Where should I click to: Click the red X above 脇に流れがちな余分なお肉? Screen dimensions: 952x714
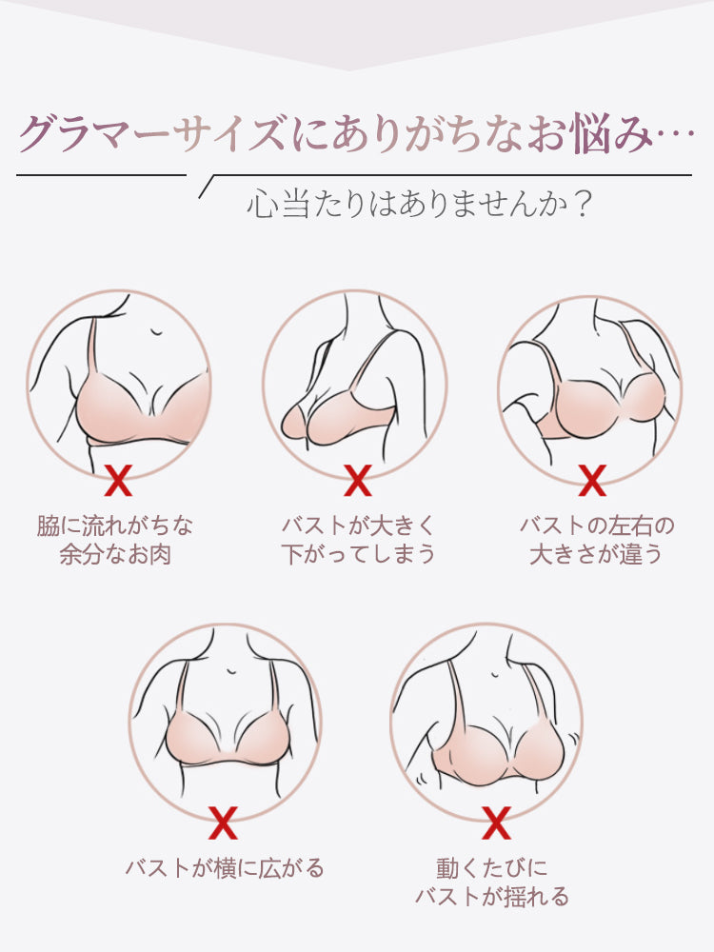[x=118, y=482]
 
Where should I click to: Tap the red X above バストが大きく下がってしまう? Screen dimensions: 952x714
[x=357, y=482]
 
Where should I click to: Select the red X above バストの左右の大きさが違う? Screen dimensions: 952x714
[x=592, y=481]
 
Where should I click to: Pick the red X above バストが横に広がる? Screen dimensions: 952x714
[x=223, y=823]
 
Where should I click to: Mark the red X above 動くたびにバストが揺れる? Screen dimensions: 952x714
[x=496, y=823]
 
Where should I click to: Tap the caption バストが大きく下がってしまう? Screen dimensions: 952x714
[x=358, y=540]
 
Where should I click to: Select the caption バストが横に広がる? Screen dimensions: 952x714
[x=225, y=868]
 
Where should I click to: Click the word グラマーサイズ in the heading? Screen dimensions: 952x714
[x=151, y=133]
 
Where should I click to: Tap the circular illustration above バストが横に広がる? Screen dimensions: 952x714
[x=225, y=721]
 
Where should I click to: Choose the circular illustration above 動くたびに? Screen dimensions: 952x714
[x=486, y=721]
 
